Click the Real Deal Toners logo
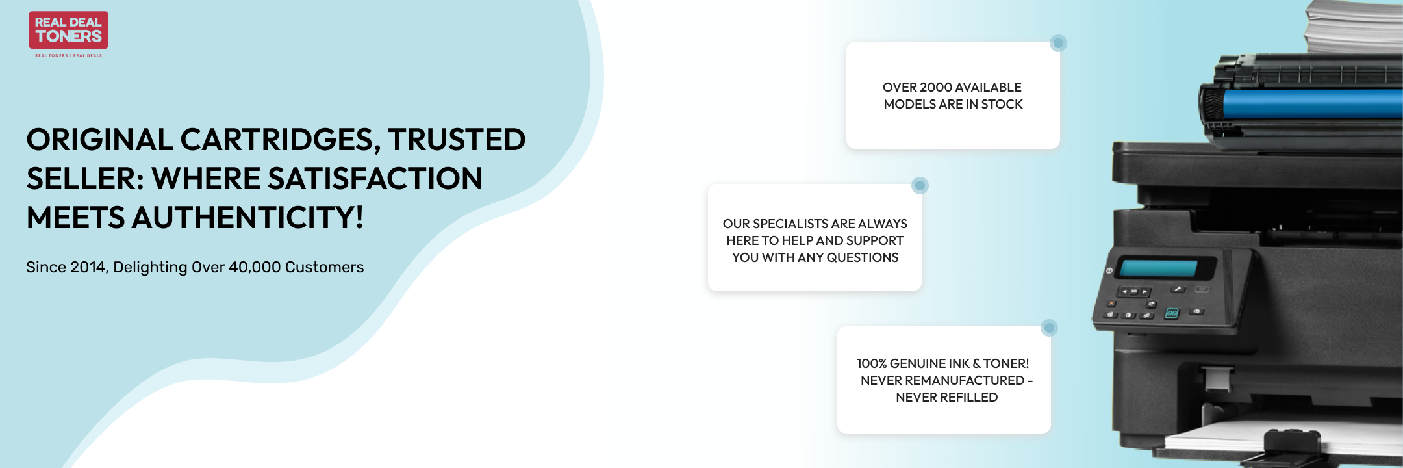pyautogui.click(x=68, y=34)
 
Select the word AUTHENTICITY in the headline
pyautogui.click(x=247, y=218)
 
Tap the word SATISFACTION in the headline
pyautogui.click(x=375, y=179)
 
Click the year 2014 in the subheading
pyautogui.click(x=88, y=267)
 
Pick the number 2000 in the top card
pyautogui.click(x=936, y=87)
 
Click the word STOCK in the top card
pyautogui.click(x=1002, y=104)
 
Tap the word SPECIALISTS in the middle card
pyautogui.click(x=790, y=224)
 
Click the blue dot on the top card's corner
pyautogui.click(x=1058, y=44)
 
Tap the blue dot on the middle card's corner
pyautogui.click(x=920, y=186)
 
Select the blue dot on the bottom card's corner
pyautogui.click(x=1049, y=328)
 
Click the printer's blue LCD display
pyautogui.click(x=1159, y=268)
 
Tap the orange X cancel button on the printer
pyautogui.click(x=1111, y=303)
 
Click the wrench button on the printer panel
pyautogui.click(x=1178, y=289)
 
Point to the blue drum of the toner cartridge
pyautogui.click(x=1312, y=103)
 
